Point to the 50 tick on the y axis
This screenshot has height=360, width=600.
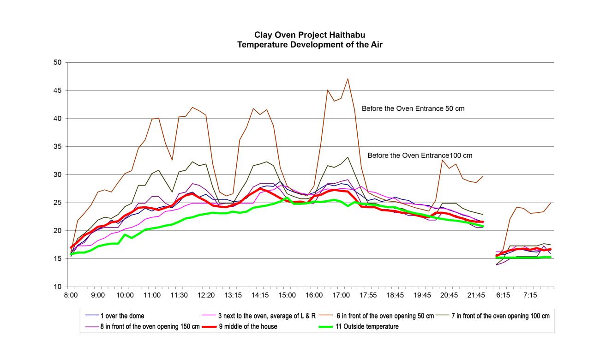[x=59, y=62]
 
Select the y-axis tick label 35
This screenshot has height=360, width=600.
[x=59, y=147]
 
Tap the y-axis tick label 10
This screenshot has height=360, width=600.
[x=59, y=287]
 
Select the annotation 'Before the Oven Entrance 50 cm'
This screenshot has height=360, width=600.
[x=413, y=109]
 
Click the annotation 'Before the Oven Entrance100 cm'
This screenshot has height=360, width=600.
[x=420, y=156]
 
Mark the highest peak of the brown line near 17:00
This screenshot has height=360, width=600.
[x=348, y=78]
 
